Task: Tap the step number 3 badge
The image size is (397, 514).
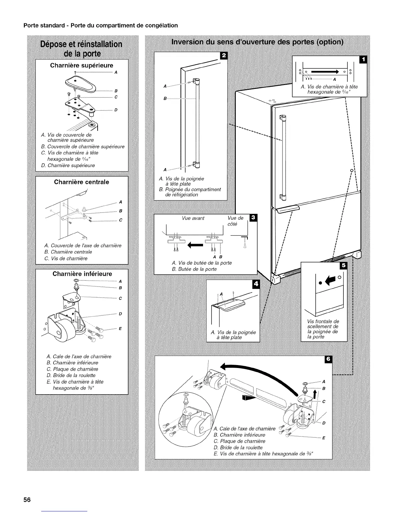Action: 252,217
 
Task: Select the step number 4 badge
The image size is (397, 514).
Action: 256,284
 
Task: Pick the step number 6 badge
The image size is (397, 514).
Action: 328,359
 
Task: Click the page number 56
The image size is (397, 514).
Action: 27,499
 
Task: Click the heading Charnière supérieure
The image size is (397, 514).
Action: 81,65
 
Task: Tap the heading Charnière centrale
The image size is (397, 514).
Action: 81,182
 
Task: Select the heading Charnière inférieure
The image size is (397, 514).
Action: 82,274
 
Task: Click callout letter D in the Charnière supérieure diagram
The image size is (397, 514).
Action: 115,110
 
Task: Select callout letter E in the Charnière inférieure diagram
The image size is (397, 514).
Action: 120,329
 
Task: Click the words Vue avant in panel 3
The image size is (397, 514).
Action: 193,218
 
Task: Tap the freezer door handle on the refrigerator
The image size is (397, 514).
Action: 288,208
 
